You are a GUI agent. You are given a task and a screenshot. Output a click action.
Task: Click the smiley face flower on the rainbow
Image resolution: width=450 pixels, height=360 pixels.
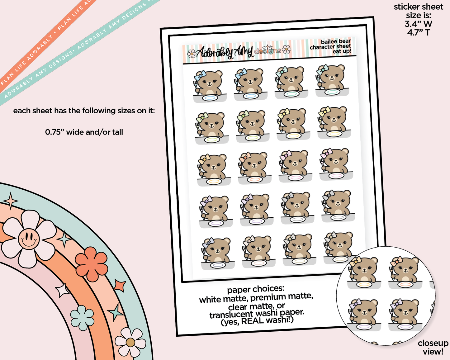click(29, 239)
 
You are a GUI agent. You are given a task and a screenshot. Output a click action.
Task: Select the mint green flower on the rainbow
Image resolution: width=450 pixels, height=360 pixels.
click(82, 318)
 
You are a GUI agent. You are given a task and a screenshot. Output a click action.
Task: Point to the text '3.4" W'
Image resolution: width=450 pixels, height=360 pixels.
click(418, 24)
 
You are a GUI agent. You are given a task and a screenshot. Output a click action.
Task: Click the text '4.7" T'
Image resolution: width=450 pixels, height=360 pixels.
click(418, 32)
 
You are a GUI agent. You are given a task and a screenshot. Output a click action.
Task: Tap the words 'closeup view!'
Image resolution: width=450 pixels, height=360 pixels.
click(433, 347)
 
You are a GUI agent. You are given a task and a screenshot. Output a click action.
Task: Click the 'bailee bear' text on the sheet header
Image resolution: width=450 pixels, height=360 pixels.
click(335, 41)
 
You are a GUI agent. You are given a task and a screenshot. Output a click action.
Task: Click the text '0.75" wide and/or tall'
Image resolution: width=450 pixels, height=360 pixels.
click(84, 132)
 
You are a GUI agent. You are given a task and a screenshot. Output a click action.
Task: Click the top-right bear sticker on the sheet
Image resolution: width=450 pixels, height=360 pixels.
click(331, 81)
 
